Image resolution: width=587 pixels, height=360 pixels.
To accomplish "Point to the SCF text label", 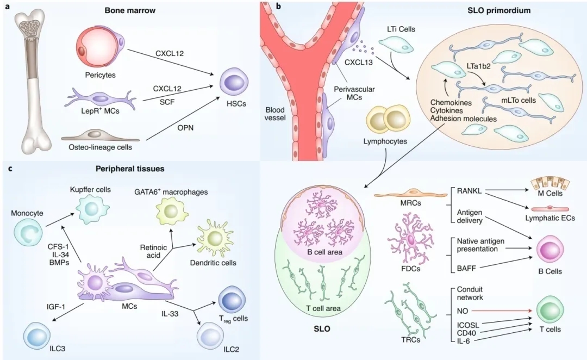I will coord(167,102).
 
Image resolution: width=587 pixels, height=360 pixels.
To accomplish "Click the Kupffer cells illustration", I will coord(90,208).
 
